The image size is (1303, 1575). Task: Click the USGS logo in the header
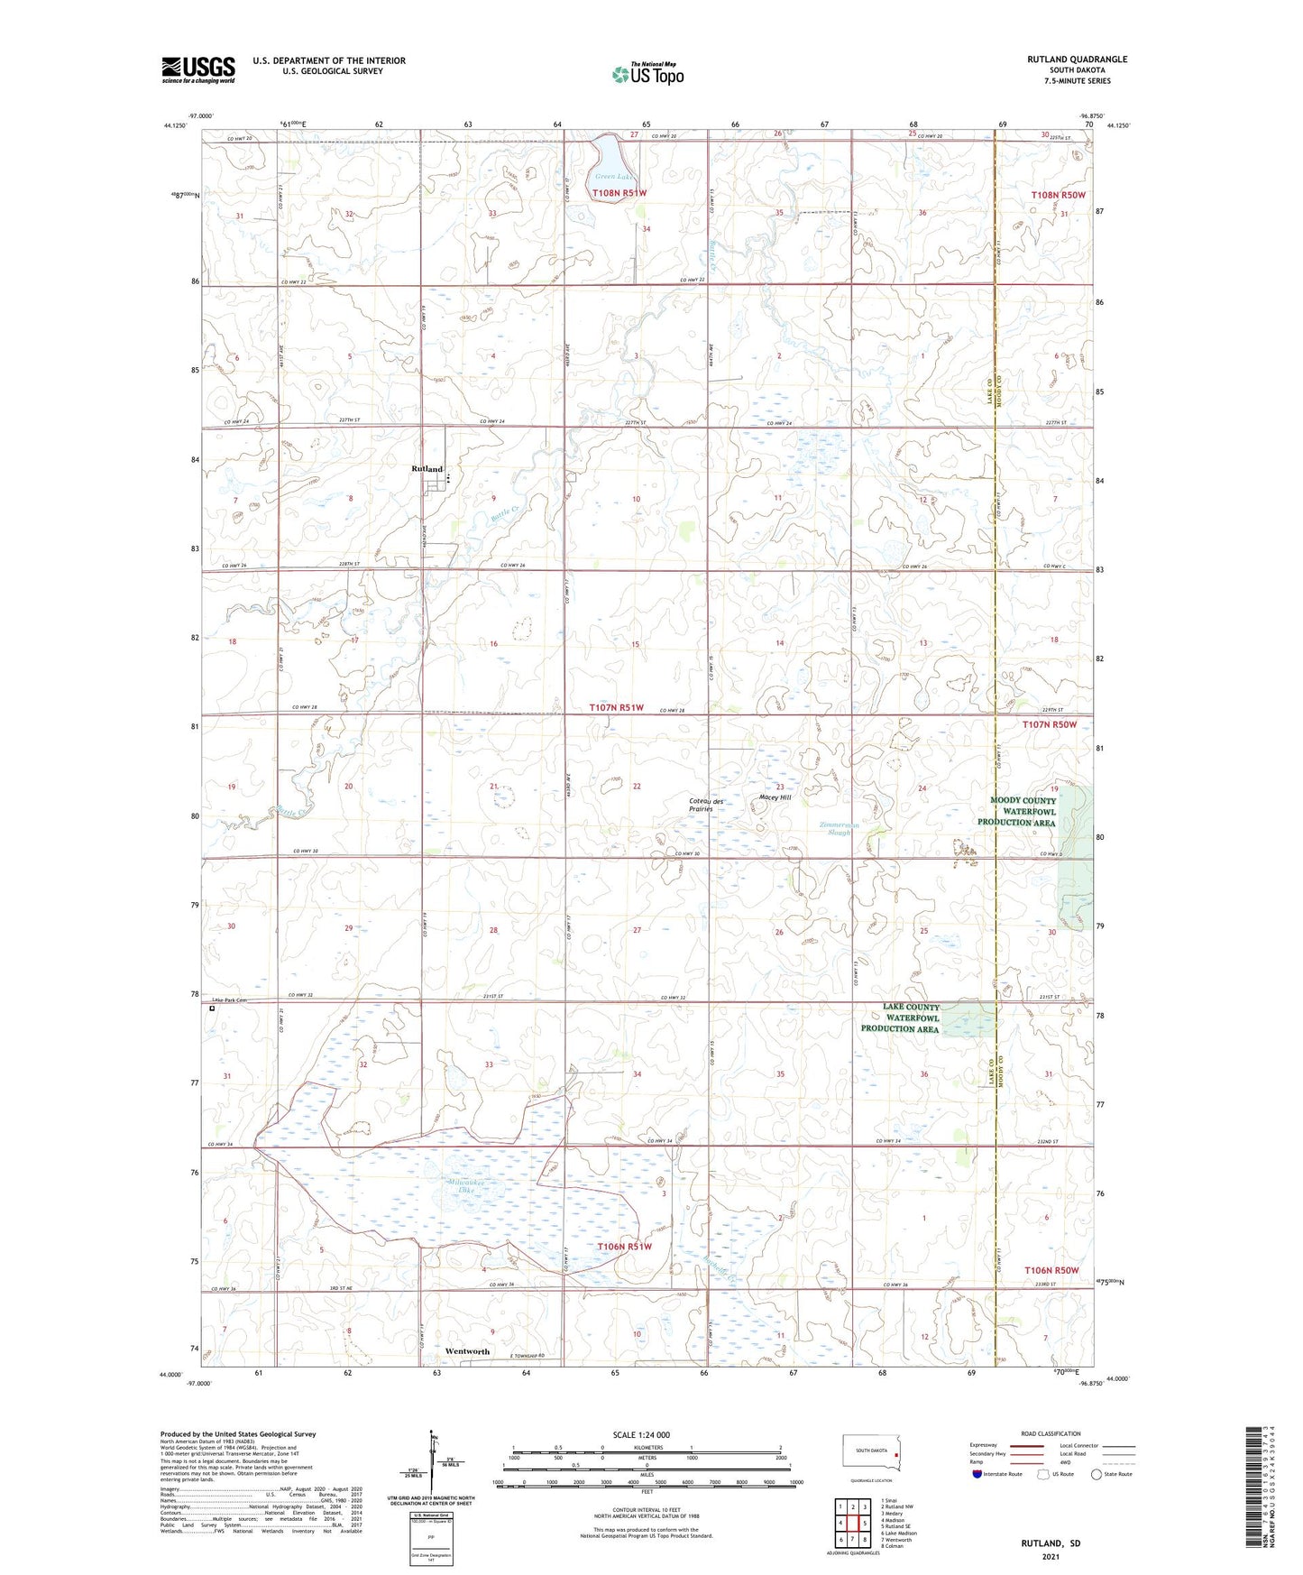tap(198, 69)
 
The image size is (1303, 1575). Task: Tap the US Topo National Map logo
tap(647, 74)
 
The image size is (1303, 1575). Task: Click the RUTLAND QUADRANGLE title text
tap(1077, 60)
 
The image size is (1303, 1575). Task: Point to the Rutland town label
tap(427, 469)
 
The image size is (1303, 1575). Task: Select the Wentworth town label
tap(467, 1351)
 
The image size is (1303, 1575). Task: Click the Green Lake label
tap(614, 177)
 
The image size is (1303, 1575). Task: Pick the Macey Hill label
tap(775, 797)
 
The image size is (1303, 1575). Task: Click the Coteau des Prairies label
tap(706, 805)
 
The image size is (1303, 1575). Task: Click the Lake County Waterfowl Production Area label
tap(900, 1018)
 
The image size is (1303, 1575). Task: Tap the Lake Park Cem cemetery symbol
tap(212, 1009)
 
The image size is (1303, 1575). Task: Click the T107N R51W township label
tap(618, 708)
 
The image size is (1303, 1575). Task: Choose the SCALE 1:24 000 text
tap(640, 1435)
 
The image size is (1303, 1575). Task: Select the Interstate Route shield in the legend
tap(977, 1474)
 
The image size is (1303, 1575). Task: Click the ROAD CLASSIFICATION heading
tap(1051, 1433)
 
